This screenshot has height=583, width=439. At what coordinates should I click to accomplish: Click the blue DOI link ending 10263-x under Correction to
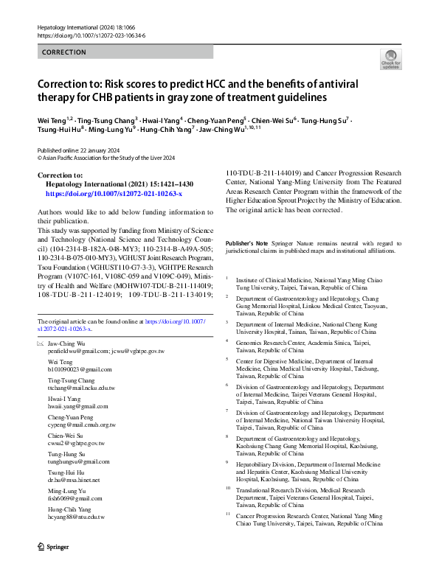(114, 192)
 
